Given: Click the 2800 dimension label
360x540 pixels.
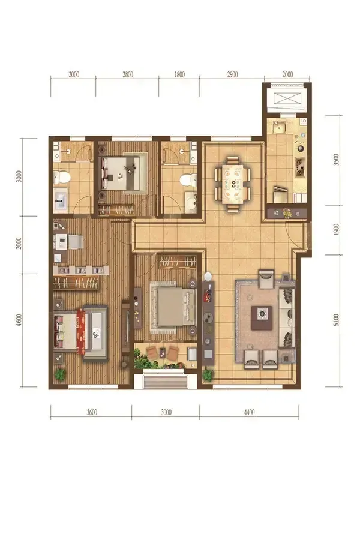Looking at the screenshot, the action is point(127,74).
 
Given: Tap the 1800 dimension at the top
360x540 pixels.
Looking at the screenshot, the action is point(179,74).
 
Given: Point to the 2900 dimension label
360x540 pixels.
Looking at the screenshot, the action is point(232,74).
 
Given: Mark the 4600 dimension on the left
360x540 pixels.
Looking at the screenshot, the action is point(19,320).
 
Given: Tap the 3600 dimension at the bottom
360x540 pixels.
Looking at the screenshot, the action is point(92,412).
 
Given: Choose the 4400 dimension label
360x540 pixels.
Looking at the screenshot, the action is point(249,412).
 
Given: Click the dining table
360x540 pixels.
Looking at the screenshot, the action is point(234,183).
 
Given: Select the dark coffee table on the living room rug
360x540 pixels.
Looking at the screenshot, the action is point(262,318).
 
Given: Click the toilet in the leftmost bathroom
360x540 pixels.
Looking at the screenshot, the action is point(62,178).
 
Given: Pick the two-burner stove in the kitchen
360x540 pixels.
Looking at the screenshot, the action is point(300,166).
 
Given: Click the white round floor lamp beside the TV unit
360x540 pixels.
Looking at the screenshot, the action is point(208,277).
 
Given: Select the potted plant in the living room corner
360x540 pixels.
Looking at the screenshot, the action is point(208,374).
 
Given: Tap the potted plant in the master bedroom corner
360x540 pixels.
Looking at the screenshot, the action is point(60,374).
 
